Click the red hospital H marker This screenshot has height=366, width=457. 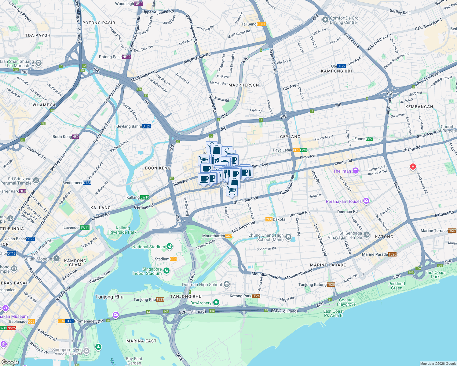click(413, 167)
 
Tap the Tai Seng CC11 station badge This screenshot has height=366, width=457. click(261, 24)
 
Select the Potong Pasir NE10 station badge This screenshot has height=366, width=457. click(126, 57)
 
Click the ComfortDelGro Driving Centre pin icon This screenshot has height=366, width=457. click(325, 20)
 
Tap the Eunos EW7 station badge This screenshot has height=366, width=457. click(369, 139)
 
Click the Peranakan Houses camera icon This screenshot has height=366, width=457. click(366, 201)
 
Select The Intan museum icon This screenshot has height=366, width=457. click(355, 171)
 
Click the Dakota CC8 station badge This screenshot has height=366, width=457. click(269, 219)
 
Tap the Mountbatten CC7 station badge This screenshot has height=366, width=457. click(229, 236)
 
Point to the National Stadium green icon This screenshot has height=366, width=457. click(170, 246)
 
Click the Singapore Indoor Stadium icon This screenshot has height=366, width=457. click(166, 271)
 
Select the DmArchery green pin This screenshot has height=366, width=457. click(216, 303)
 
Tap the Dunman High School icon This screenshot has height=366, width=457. click(226, 285)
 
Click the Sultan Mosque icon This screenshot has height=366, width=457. click(57, 259)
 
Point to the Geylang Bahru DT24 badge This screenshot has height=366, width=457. click(147, 126)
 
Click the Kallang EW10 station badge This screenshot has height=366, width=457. click(145, 197)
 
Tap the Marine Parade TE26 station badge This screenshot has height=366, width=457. click(393, 254)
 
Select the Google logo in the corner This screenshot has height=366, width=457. click(10, 362)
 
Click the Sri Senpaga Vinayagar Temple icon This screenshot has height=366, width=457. click(367, 235)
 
